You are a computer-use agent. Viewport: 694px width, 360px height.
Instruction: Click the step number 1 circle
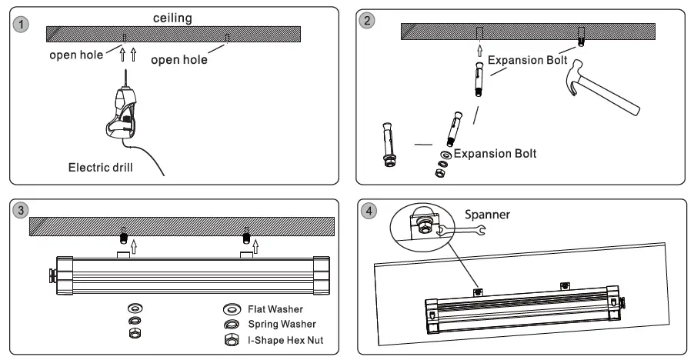coord(21,24)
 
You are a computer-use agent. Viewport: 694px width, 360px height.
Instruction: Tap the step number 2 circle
coord(367,20)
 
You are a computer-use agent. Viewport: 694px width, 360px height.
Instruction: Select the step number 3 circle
coord(20,210)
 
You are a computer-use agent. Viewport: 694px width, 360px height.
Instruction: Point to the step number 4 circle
coord(369,211)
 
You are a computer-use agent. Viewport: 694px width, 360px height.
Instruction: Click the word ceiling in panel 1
coord(172,18)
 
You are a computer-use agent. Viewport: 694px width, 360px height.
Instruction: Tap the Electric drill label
coord(101,168)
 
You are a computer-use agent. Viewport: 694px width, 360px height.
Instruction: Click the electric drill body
coord(122,114)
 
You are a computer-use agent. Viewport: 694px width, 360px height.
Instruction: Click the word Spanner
coord(487,215)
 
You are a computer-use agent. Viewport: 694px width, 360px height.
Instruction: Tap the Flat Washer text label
coord(275,309)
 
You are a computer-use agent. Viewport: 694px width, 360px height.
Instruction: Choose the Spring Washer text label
coord(282,324)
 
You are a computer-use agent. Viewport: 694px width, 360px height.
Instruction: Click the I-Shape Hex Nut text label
coord(285,340)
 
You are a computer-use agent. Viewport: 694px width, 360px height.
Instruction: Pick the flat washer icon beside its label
coord(232,308)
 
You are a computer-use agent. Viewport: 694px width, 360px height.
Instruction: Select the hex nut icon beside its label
coord(232,340)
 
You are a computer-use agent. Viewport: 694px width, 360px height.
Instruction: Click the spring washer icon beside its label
coord(232,325)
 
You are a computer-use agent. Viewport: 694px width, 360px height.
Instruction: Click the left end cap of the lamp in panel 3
coord(65,275)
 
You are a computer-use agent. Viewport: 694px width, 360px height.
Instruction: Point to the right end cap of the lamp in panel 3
coord(322,275)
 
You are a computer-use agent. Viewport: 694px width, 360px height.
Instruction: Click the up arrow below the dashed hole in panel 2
coord(480,51)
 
